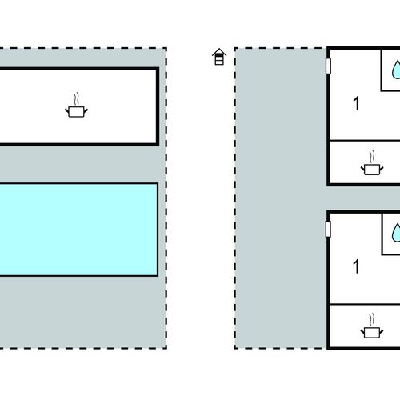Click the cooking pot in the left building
pyautogui.click(x=77, y=112)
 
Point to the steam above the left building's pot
pyautogui.click(x=77, y=98)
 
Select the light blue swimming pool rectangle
pyautogui.click(x=78, y=230)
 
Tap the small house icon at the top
pyautogui.click(x=219, y=57)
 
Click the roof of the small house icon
pyautogui.click(x=219, y=52)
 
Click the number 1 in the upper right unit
pyautogui.click(x=356, y=103)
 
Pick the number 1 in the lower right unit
pyautogui.click(x=356, y=266)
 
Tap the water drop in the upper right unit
pyautogui.click(x=396, y=70)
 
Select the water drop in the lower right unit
pyautogui.click(x=396, y=233)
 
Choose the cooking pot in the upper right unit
pyautogui.click(x=372, y=170)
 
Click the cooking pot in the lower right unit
pyautogui.click(x=372, y=333)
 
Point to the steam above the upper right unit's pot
pyautogui.click(x=372, y=157)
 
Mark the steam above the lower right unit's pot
pyautogui.click(x=372, y=320)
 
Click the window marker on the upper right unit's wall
pyautogui.click(x=329, y=66)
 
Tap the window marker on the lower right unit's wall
pyautogui.click(x=329, y=229)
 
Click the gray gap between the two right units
pyautogui.click(x=363, y=198)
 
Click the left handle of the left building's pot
pyautogui.click(x=67, y=110)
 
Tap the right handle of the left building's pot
pyautogui.click(x=86, y=110)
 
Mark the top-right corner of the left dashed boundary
pyautogui.click(x=166, y=48)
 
